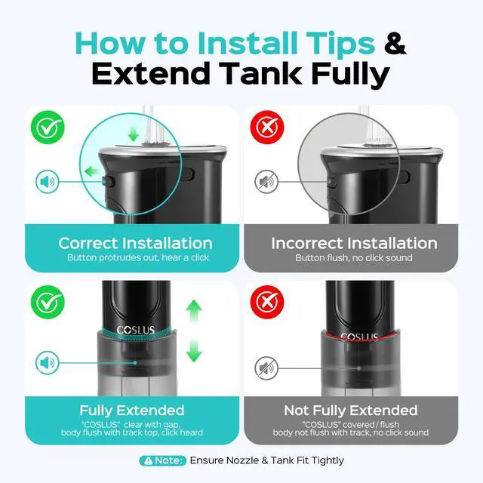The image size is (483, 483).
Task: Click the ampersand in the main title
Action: tap(395, 44)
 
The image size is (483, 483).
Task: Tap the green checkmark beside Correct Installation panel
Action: tap(48, 128)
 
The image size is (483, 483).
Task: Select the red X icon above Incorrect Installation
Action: tap(267, 128)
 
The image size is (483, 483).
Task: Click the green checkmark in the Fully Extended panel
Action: tap(48, 302)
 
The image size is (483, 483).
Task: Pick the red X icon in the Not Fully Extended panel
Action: tap(267, 302)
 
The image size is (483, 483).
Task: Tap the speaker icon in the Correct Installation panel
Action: tap(47, 182)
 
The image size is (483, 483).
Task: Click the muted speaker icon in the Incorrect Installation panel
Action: tap(266, 182)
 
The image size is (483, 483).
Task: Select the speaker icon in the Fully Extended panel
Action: tap(47, 363)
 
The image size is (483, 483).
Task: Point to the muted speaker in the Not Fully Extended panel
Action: tap(266, 368)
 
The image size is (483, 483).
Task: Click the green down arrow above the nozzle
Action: tap(133, 134)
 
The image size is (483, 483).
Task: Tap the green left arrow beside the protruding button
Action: tap(92, 171)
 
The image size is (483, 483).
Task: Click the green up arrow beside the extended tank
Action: tap(194, 311)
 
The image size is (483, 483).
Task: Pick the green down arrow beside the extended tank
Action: tap(194, 350)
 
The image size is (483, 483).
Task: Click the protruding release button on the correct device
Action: tap(108, 182)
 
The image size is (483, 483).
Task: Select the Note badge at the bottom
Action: tap(163, 460)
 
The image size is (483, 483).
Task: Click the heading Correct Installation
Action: tap(136, 243)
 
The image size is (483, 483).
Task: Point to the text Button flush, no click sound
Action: tap(354, 257)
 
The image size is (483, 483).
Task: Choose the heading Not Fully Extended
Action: tap(350, 411)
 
